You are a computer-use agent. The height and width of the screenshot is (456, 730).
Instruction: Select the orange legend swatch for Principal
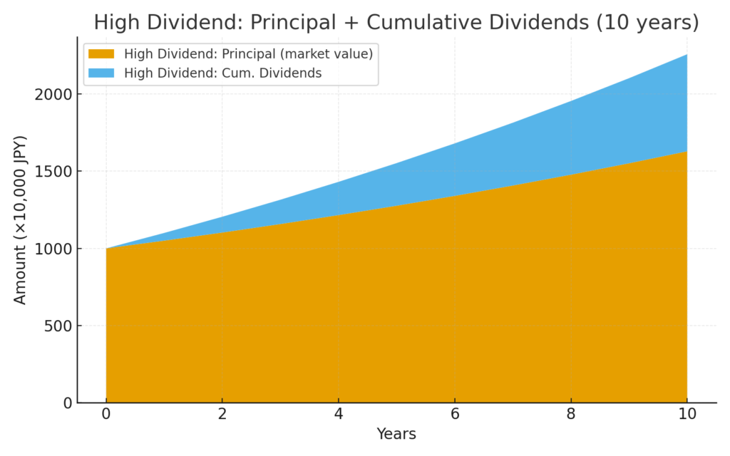click(x=101, y=54)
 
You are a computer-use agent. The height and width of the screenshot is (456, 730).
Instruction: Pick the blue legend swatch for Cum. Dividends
click(x=101, y=73)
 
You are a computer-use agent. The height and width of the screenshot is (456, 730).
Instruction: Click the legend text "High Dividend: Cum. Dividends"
click(x=222, y=73)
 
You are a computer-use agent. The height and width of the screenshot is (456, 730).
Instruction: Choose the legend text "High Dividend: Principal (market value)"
click(x=248, y=54)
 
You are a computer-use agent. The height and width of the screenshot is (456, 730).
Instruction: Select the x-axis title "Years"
click(x=396, y=434)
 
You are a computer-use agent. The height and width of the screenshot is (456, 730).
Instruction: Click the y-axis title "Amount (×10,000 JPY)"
click(x=21, y=219)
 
